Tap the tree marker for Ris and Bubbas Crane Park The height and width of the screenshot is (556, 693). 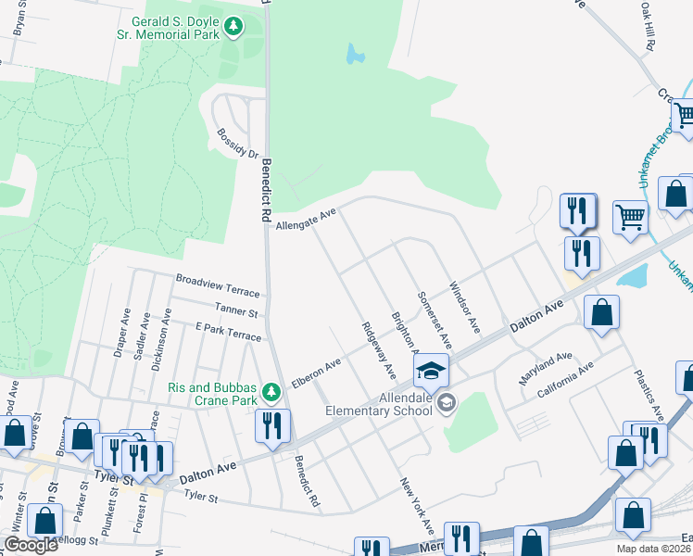[x=271, y=393]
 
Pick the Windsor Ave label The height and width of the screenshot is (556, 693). [x=464, y=308]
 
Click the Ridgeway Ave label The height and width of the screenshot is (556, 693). [x=379, y=351]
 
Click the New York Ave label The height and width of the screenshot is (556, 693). [x=417, y=506]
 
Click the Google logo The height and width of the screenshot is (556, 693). [x=31, y=545]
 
